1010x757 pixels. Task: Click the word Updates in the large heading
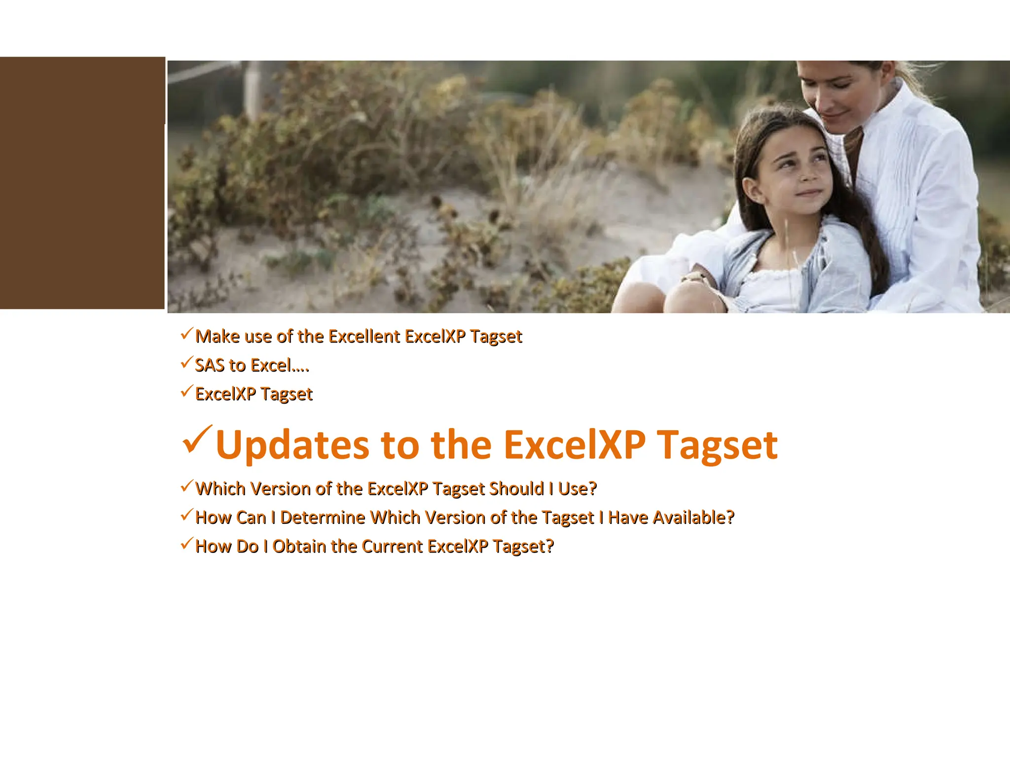click(292, 446)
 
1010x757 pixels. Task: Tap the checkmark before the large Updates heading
click(197, 440)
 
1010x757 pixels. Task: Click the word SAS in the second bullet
click(210, 366)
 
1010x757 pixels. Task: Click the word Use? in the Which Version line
click(577, 489)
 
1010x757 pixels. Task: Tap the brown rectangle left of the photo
click(82, 183)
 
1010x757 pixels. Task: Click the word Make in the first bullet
click(217, 337)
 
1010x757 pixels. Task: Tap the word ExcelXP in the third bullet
click(225, 394)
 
